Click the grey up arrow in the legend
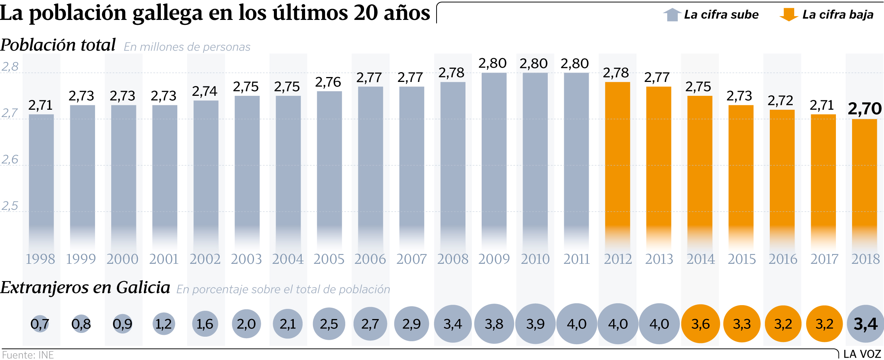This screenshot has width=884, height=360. pyautogui.click(x=672, y=15)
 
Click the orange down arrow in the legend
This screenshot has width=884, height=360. pyautogui.click(x=789, y=15)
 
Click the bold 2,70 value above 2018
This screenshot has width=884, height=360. pyautogui.click(x=864, y=109)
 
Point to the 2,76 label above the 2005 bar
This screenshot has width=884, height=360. pyautogui.click(x=328, y=82)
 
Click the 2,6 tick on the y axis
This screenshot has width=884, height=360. pyautogui.click(x=10, y=160)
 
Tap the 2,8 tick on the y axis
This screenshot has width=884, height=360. pyautogui.click(x=10, y=67)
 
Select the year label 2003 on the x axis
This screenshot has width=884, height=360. pyautogui.click(x=246, y=259)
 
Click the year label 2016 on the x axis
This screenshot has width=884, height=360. pyautogui.click(x=783, y=259)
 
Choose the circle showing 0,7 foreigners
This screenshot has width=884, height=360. pyautogui.click(x=40, y=324)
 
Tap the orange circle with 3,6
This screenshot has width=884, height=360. pyautogui.click(x=700, y=324)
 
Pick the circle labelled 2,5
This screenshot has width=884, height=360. pyautogui.click(x=329, y=324)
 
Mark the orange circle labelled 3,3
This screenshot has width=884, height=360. pyautogui.click(x=742, y=324)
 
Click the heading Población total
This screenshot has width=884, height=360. pyautogui.click(x=58, y=45)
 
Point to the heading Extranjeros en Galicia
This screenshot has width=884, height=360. pyautogui.click(x=85, y=288)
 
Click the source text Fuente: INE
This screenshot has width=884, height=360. pyautogui.click(x=28, y=355)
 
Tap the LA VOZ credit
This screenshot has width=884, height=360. pyautogui.click(x=862, y=354)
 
